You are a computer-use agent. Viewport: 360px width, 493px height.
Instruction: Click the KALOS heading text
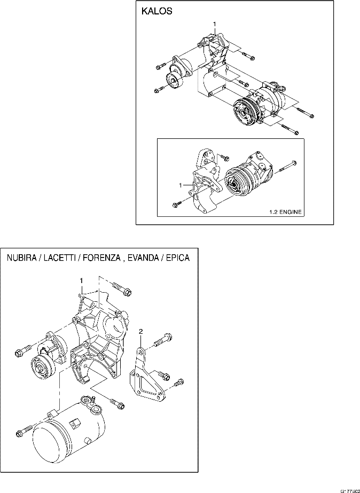pos(156,12)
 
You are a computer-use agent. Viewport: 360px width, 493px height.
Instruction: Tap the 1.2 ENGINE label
pos(284,212)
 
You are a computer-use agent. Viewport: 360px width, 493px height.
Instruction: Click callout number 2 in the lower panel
pos(140,332)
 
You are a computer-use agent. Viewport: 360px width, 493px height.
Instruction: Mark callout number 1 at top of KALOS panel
pos(214,24)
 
